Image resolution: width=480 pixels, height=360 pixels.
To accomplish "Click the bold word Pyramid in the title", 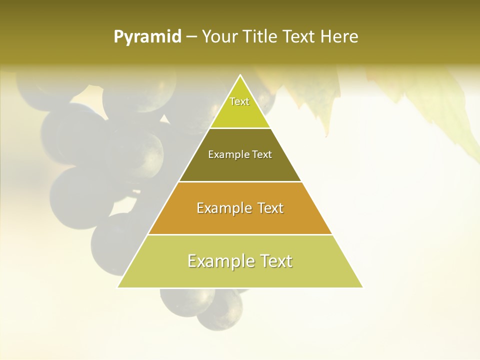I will pos(147,37).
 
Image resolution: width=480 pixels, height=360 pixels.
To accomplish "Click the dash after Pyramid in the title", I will pos(191,37).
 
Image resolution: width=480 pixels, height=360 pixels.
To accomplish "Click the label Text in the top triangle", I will pos(239,101).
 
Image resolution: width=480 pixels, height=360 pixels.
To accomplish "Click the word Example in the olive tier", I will pos(224,154).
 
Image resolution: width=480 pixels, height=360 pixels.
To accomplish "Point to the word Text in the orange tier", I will pos(267,208).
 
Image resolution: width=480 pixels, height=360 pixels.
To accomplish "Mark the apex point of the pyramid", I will pos(240,75).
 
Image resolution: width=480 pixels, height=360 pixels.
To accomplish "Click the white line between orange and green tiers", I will pos(240,234).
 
